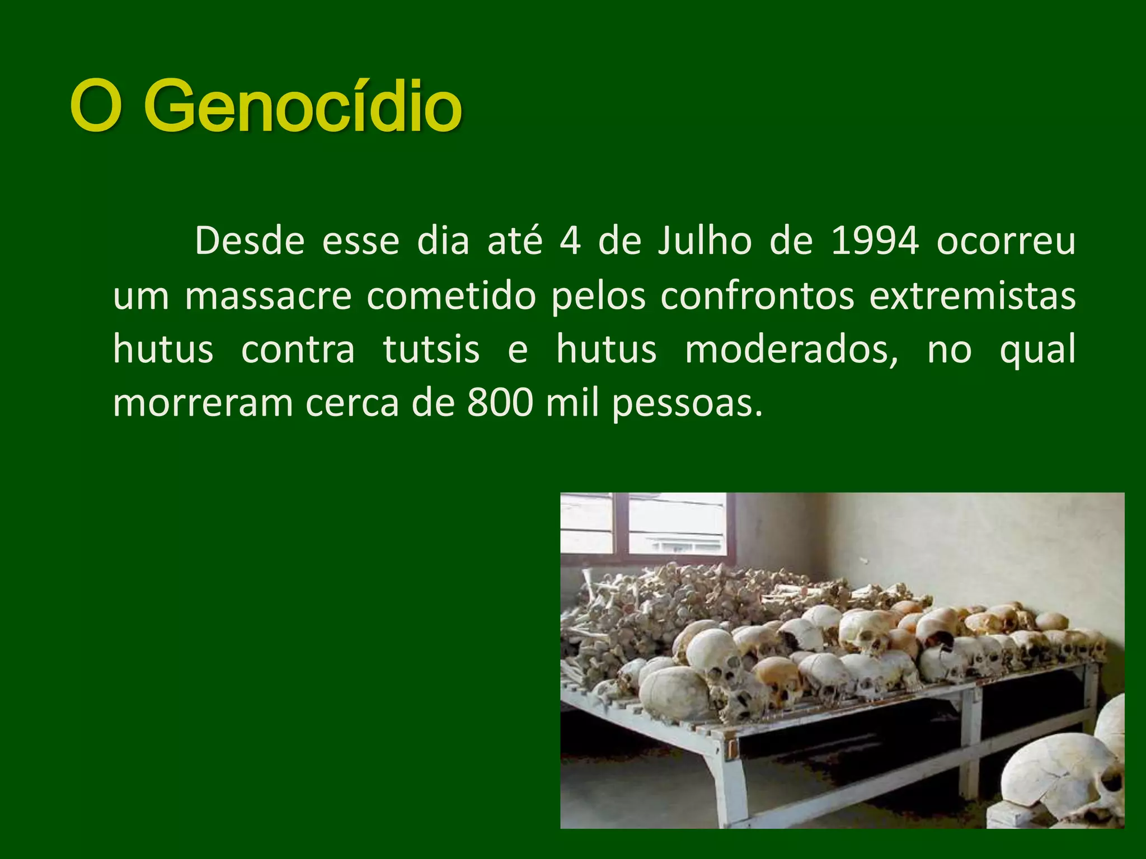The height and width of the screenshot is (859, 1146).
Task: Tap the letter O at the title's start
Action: tap(96, 106)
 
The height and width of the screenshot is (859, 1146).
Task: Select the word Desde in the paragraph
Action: tap(250, 241)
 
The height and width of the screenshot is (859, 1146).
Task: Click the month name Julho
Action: tap(704, 241)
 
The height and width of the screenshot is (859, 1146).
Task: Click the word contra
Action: tap(298, 350)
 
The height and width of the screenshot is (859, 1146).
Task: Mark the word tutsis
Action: tap(431, 350)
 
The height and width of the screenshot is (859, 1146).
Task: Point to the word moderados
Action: tap(791, 350)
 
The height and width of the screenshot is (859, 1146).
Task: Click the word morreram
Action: tap(203, 403)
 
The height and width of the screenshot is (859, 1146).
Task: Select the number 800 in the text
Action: tap(500, 403)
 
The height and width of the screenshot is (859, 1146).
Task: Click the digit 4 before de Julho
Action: tap(570, 241)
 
